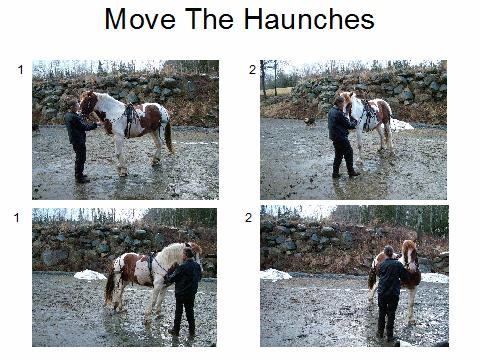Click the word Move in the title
click(x=140, y=19)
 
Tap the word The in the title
click(x=209, y=19)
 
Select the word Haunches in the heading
click(x=309, y=19)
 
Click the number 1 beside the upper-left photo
click(x=21, y=70)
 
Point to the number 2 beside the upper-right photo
click(x=252, y=69)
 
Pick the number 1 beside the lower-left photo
click(x=17, y=218)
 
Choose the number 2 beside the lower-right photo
click(x=248, y=218)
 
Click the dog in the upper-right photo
click(x=310, y=123)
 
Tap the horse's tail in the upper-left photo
click(x=169, y=137)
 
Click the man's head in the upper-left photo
click(x=74, y=106)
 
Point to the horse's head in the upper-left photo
click(x=88, y=103)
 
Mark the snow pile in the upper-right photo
click(x=401, y=125)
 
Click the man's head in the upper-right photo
click(x=339, y=101)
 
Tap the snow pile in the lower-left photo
click(x=89, y=275)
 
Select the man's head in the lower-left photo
click(x=188, y=253)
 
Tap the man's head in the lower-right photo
click(x=389, y=251)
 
